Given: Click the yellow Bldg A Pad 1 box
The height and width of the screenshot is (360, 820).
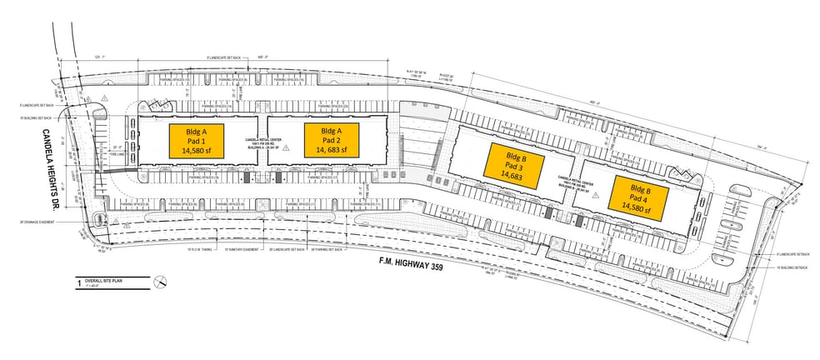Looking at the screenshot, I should click(197, 141).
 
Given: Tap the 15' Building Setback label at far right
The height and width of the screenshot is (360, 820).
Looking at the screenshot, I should click(792, 267).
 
